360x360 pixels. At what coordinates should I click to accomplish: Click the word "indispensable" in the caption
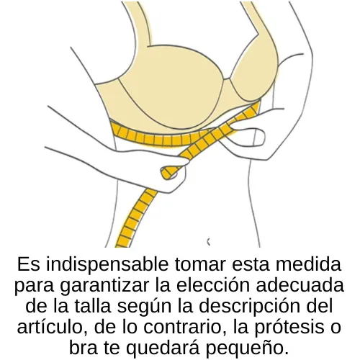107,265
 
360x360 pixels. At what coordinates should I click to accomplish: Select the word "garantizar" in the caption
105,286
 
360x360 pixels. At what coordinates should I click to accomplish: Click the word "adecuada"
300,285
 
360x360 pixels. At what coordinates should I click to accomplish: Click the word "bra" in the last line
84,348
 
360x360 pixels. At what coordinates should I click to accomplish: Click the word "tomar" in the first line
200,264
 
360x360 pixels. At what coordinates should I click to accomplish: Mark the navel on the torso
209,242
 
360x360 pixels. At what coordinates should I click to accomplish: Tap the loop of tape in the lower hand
169,172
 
